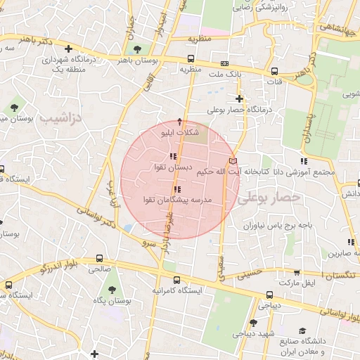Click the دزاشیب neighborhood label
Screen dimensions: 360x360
tap(63, 118)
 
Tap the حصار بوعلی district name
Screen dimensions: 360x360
tap(269, 198)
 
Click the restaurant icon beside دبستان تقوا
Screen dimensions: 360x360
tap(173, 156)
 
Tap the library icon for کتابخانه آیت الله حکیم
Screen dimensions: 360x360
tap(234, 162)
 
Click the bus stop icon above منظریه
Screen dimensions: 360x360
tap(191, 60)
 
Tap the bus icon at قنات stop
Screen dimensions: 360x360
tap(274, 71)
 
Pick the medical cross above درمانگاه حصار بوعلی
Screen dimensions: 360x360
tap(240, 99)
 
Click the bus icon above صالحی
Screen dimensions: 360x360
tap(100, 257)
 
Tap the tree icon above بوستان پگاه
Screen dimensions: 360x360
tap(112, 290)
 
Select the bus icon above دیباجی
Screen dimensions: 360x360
tap(269, 295)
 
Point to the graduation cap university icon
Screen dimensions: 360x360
tap(302, 330)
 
